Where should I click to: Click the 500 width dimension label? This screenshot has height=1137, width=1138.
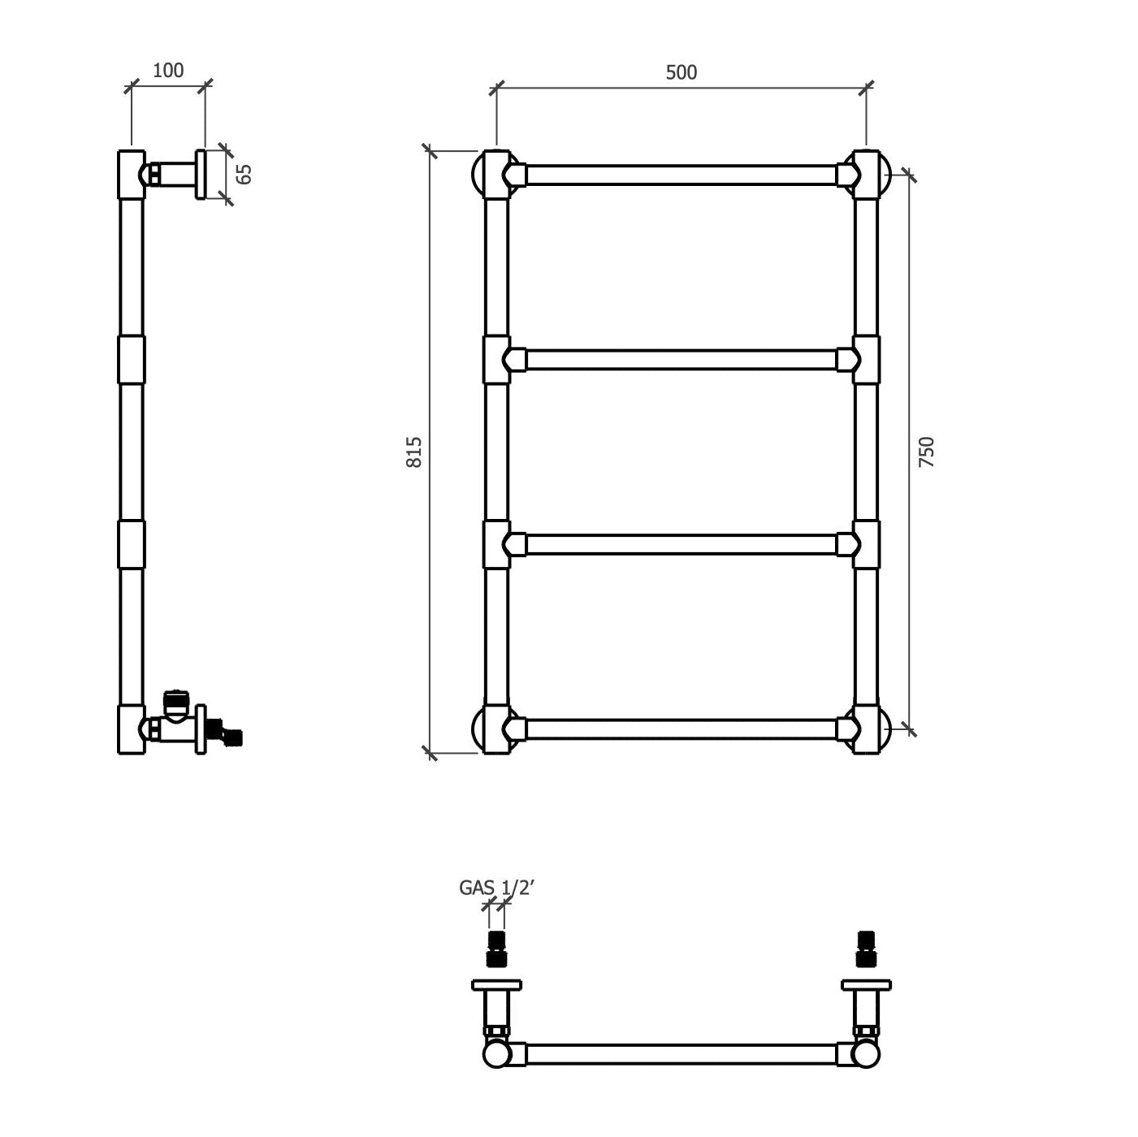coord(681,72)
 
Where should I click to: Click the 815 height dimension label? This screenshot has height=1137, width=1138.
coord(414,452)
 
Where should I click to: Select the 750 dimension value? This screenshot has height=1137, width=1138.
coord(926,452)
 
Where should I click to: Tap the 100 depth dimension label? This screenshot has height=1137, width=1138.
coord(168,71)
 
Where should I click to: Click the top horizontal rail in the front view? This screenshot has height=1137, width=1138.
coord(681,175)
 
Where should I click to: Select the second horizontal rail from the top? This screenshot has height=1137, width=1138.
coord(681,360)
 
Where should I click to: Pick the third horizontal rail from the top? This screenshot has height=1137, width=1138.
coord(681,544)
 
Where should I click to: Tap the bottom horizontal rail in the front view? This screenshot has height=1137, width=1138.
coord(681,728)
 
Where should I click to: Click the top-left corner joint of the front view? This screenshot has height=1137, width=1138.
coord(496,175)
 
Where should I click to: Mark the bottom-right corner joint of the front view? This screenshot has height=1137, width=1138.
coord(866,729)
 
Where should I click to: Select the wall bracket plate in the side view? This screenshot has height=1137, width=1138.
coord(201,174)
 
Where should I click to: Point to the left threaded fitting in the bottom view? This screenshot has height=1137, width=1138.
coord(496,949)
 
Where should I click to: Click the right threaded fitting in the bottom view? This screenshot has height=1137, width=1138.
coord(866,949)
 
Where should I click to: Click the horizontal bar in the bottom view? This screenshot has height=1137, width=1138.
coord(681,1054)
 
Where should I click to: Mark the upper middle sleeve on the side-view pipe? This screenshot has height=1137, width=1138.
coord(131,359)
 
